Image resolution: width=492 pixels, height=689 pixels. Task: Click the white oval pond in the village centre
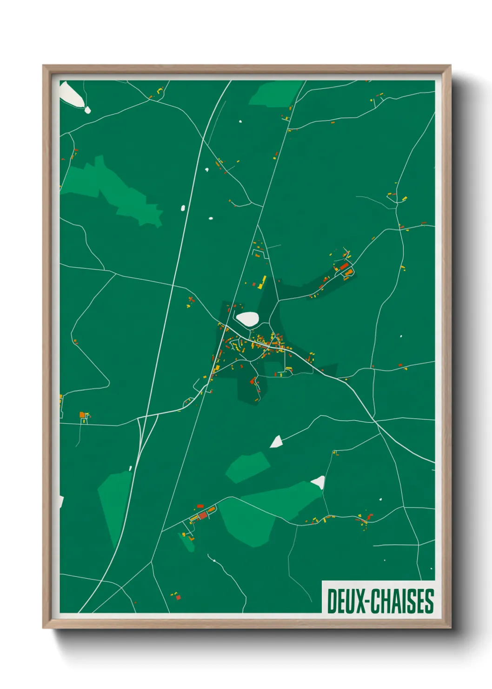coord(247,319)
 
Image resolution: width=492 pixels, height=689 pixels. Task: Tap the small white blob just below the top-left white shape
coord(87,110)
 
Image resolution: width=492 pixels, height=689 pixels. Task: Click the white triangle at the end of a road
coord(277,442)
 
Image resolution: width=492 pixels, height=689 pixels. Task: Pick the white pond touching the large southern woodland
coord(319,482)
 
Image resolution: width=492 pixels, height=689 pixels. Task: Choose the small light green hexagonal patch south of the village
coord(248,467)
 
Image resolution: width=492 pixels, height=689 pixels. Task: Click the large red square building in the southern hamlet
coord(203,515)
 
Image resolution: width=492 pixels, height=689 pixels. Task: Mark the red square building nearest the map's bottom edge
coord(178,597)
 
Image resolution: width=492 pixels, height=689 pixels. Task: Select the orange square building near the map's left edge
coord(82,414)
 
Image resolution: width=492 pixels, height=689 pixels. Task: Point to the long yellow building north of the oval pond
coord(263,282)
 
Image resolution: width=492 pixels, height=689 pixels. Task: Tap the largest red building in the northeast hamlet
coord(344,266)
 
